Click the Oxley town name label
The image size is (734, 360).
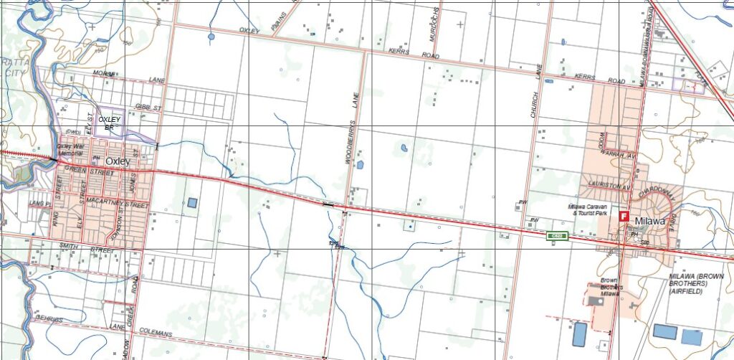coord(118,161)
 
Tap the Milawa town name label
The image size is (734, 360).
coord(649,222)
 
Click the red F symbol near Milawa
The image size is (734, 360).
coord(624,215)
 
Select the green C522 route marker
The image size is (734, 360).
coord(557,235)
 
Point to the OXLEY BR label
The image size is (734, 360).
coord(110,123)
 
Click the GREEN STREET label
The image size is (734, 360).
coord(89,171)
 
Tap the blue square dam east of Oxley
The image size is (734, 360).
coord(192,203)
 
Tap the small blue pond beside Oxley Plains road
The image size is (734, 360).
coord(211,36)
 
